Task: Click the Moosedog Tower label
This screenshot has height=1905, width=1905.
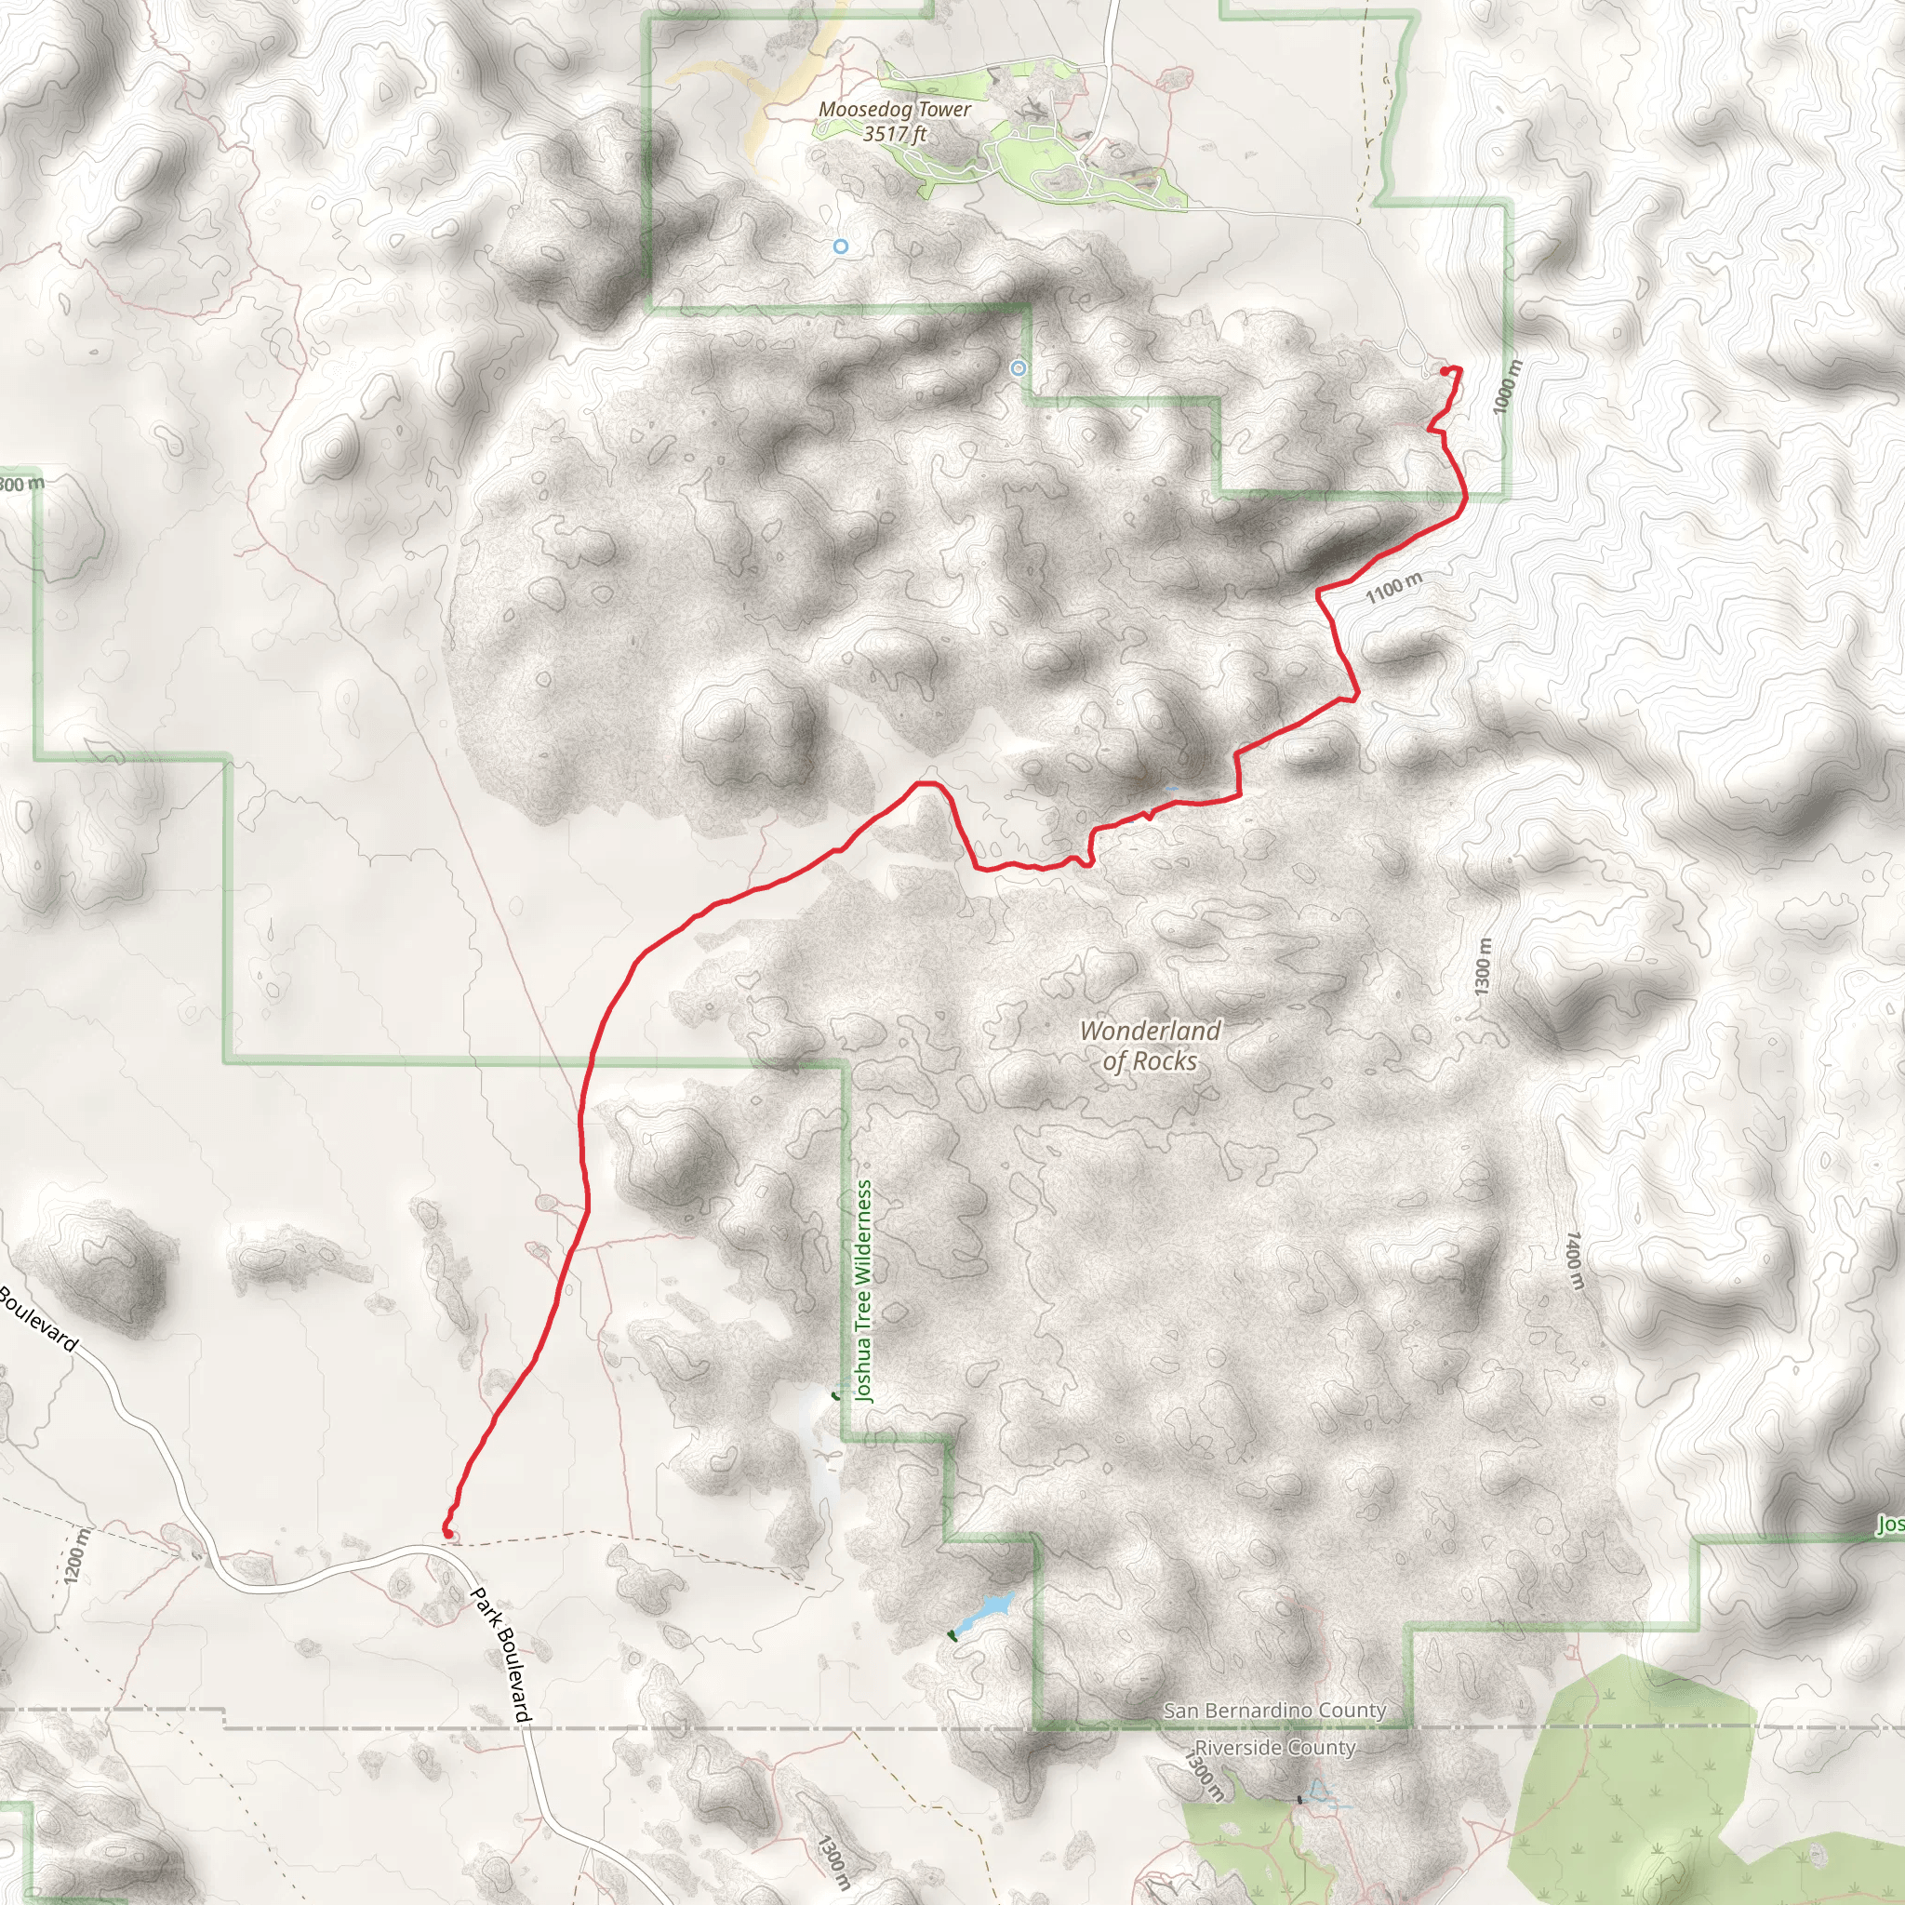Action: [x=894, y=110]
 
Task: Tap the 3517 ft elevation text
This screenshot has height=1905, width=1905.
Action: [x=894, y=134]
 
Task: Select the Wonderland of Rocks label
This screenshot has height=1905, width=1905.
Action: [x=1150, y=1046]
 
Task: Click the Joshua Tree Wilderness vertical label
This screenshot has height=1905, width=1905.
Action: [x=864, y=1291]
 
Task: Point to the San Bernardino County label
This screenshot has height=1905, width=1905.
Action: [x=1274, y=1710]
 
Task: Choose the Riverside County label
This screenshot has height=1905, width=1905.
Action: [x=1274, y=1747]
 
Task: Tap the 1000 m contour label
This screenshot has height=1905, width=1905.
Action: [x=1506, y=388]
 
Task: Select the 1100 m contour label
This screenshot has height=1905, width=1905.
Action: [x=1393, y=588]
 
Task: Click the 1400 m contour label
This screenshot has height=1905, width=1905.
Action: [x=1575, y=1259]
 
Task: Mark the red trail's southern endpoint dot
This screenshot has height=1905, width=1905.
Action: [x=447, y=1533]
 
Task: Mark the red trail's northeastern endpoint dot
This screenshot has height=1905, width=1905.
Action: [x=1445, y=371]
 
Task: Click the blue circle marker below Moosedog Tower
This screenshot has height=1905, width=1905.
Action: [x=840, y=246]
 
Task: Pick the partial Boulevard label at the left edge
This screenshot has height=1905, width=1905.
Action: [x=37, y=1318]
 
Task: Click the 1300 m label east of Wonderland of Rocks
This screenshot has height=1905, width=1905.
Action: [x=1483, y=966]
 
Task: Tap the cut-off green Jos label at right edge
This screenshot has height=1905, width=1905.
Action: [x=1889, y=1525]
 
